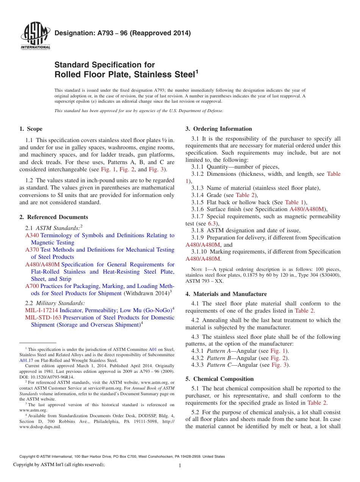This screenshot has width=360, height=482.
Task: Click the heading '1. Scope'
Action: (x=31, y=129)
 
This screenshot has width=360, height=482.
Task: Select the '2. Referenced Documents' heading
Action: (x=54, y=217)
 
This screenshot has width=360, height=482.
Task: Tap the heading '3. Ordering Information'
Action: (x=219, y=129)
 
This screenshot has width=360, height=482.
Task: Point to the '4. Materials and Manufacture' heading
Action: (x=226, y=294)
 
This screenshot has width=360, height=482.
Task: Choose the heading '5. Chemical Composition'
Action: (x=219, y=379)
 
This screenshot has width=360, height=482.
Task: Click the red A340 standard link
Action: (x=32, y=235)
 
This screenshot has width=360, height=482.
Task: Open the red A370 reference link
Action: (x=32, y=250)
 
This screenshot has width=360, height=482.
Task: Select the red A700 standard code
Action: (x=32, y=286)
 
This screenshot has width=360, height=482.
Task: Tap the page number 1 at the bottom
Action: (x=180, y=466)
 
